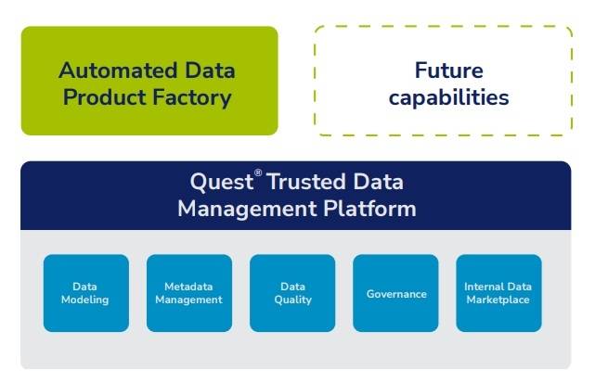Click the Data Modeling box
(x=85, y=293)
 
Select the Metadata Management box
(x=188, y=293)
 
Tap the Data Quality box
(x=291, y=293)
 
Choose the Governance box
(x=395, y=293)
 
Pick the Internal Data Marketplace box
(x=498, y=293)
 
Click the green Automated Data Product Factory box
(x=149, y=82)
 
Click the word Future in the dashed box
(x=449, y=70)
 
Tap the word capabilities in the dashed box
(x=449, y=97)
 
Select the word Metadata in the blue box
(x=188, y=287)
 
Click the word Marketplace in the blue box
(x=498, y=300)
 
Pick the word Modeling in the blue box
(x=85, y=300)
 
